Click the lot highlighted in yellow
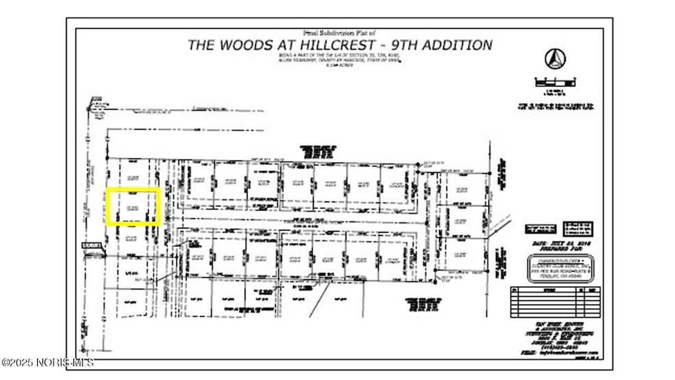coord(133,206)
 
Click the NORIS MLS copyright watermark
coord(48,361)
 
